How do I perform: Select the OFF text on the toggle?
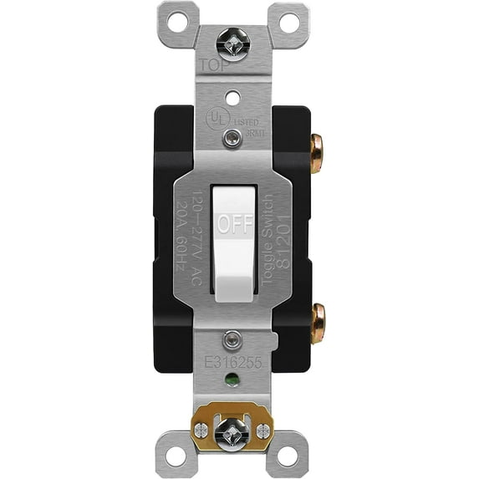(x=234, y=224)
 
